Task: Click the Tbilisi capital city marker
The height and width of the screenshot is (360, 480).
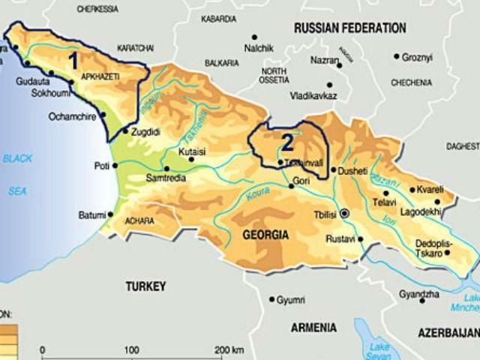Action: point(344,214)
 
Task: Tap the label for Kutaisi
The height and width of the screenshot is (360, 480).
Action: point(192,150)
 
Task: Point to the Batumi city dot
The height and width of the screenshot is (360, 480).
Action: point(110,214)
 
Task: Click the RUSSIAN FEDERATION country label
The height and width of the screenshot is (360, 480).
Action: point(349,28)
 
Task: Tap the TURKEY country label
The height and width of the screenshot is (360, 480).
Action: point(145,286)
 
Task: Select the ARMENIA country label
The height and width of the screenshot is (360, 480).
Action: point(313,328)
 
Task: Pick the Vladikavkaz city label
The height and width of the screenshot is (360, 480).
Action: point(313,96)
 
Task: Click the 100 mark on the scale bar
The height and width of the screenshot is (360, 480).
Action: point(131,349)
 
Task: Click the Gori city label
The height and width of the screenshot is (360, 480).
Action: point(300,181)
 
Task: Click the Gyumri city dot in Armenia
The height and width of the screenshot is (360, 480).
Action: point(271,300)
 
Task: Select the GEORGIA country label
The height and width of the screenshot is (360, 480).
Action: point(265,235)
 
